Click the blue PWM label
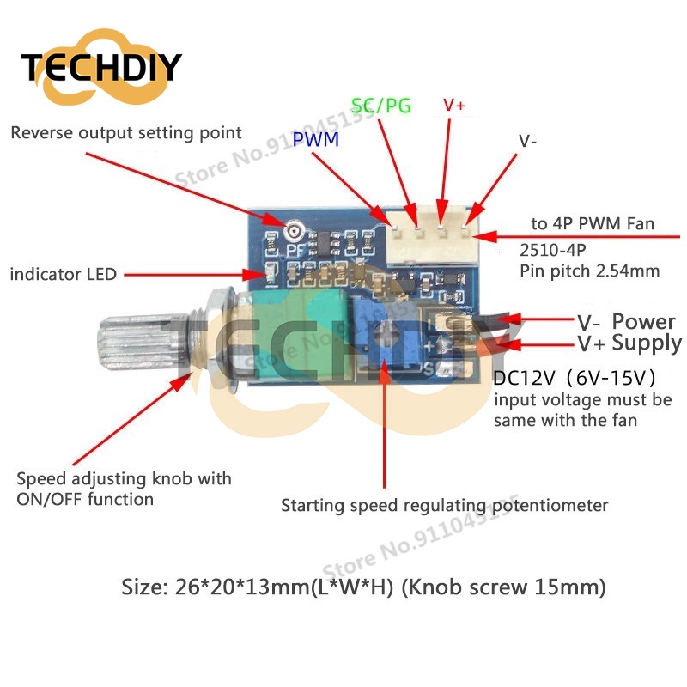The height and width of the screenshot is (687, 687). point(316,139)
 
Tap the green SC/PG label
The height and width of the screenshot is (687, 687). point(381,106)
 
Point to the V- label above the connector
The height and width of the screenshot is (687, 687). point(528,140)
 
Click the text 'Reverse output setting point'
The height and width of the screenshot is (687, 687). point(126,133)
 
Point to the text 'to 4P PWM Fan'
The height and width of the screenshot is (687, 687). point(593,224)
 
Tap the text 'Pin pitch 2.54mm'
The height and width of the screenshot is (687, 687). point(590,272)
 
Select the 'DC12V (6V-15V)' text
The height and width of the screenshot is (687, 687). point(576,378)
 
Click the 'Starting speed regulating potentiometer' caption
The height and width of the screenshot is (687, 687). point(445,506)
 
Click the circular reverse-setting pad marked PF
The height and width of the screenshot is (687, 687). point(295,231)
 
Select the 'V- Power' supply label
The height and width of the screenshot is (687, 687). point(626,323)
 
